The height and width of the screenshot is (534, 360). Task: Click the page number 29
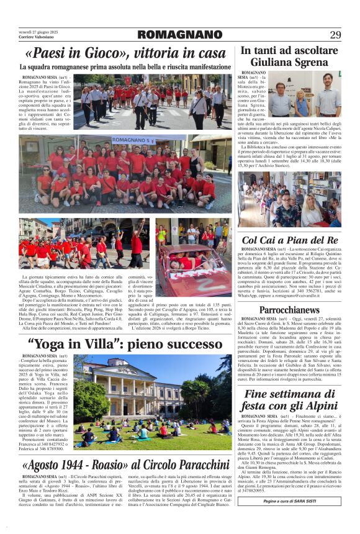[335, 34]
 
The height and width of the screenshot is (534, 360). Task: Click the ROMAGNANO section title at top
[179, 34]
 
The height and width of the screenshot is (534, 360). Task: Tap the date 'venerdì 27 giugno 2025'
[37, 31]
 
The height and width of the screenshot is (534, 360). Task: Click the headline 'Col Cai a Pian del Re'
[289, 240]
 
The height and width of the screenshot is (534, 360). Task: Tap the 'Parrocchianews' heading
[289, 309]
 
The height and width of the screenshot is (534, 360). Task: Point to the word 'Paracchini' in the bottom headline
[192, 464]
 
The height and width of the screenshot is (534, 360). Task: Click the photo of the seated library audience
[289, 199]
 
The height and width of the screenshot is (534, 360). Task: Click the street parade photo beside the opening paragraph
[152, 101]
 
